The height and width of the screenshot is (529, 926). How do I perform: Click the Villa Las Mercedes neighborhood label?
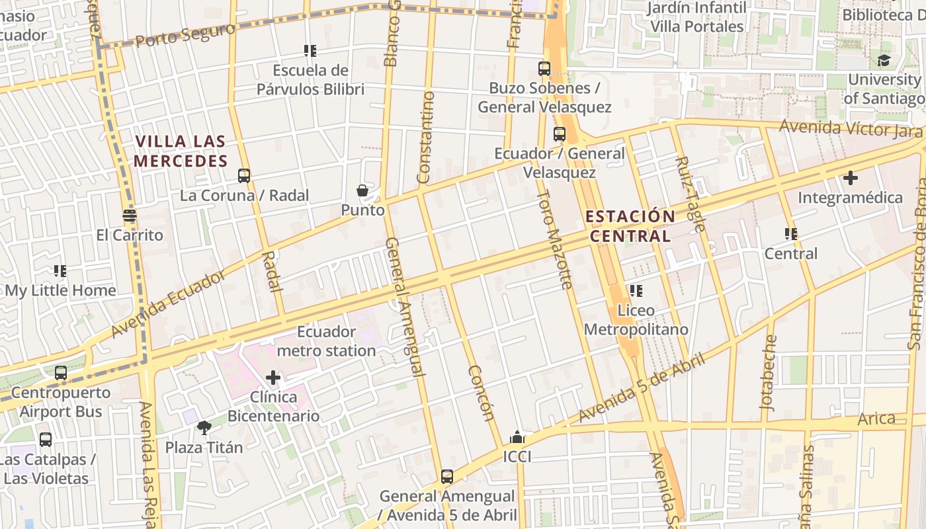[181, 151]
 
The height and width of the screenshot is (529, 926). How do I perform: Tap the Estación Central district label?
[630, 226]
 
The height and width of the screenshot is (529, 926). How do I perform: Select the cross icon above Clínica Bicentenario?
[273, 378]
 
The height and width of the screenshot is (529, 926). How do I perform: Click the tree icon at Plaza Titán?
[204, 428]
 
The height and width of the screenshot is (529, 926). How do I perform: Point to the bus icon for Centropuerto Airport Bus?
[61, 373]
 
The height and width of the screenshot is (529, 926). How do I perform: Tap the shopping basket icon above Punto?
[362, 191]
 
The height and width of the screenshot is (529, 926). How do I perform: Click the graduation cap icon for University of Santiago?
[884, 61]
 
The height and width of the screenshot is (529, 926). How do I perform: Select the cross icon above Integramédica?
[850, 178]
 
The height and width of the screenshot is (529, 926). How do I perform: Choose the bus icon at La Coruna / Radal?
[244, 176]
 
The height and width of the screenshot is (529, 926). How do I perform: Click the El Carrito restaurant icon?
[130, 216]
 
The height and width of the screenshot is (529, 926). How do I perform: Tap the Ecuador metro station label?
[326, 341]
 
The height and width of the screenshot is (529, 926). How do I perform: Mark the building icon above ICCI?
[517, 438]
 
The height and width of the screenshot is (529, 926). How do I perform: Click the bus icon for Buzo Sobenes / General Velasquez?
[544, 69]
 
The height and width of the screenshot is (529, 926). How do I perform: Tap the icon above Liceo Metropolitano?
[636, 291]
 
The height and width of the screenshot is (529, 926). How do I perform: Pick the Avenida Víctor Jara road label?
[850, 128]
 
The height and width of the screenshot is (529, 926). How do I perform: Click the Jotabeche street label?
[769, 374]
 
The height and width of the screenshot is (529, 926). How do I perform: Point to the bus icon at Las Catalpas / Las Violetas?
[46, 440]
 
